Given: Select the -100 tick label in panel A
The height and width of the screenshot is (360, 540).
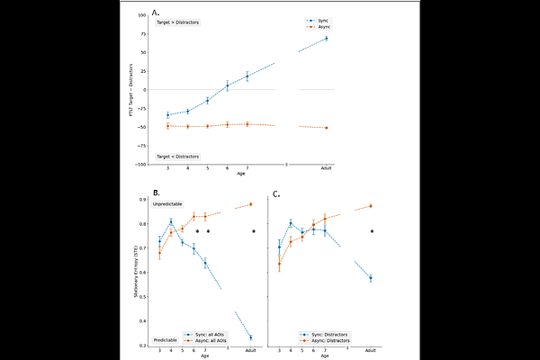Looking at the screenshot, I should coord(142,165).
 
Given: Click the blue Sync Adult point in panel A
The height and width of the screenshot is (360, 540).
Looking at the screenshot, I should coord(327,38).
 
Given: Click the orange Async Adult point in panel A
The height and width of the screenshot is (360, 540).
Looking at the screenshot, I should coord(327,128).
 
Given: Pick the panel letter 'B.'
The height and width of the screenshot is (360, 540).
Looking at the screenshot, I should coord(157,193).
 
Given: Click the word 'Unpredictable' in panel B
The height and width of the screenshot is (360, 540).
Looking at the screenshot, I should coord(169,206).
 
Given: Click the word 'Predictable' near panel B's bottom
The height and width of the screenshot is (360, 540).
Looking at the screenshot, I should coord(165,339).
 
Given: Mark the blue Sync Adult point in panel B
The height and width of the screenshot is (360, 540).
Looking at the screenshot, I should coord(250,337).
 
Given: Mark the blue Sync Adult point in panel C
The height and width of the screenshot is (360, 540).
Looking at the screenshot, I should coord(370,278).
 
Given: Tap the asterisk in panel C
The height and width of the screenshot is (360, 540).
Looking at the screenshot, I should coord(372,231).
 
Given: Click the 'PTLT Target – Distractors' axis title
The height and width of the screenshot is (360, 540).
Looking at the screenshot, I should coord(131,90).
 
